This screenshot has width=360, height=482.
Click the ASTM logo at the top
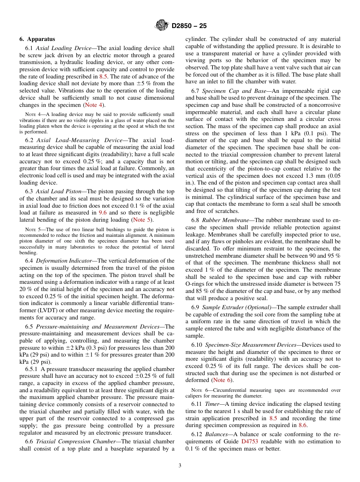pyautogui.click(x=162, y=26)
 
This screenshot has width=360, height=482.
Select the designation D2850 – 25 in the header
pyautogui.click(x=189, y=26)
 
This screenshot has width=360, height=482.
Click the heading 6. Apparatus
pyautogui.click(x=37, y=39)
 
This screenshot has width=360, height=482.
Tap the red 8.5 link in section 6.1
pyautogui.click(x=103, y=77)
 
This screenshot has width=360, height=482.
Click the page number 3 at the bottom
pyautogui.click(x=180, y=466)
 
